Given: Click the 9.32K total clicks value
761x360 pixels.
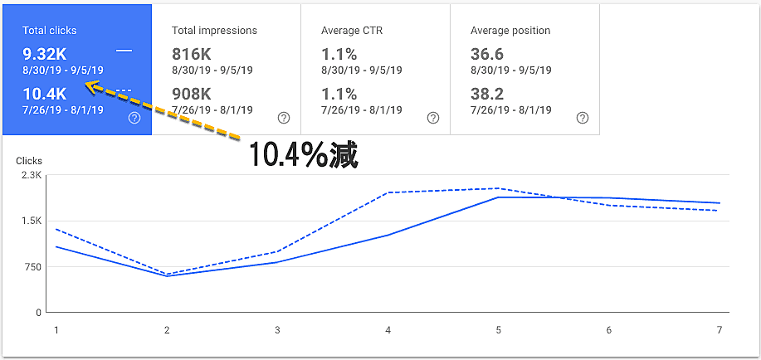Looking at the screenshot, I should pyautogui.click(x=44, y=54).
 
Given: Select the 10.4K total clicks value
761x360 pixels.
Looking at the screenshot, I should pyautogui.click(x=44, y=94).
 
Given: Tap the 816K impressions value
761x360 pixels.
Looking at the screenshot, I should pyautogui.click(x=193, y=54).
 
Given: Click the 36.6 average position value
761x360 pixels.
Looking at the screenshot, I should pyautogui.click(x=487, y=54).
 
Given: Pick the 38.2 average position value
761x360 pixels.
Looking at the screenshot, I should pyautogui.click(x=487, y=94).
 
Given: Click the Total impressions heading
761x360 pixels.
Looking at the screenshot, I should pyautogui.click(x=214, y=31).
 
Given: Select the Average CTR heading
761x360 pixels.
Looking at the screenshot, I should pyautogui.click(x=352, y=31).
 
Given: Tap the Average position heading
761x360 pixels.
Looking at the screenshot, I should pyautogui.click(x=510, y=31).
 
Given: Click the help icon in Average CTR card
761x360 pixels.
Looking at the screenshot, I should pyautogui.click(x=432, y=118).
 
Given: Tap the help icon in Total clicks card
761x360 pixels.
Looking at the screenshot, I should pyautogui.click(x=134, y=118).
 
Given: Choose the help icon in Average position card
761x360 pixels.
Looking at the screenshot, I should pyautogui.click(x=582, y=118).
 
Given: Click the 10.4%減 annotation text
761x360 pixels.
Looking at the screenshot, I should pyautogui.click(x=303, y=155).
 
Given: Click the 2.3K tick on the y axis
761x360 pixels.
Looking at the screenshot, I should pyautogui.click(x=32, y=175).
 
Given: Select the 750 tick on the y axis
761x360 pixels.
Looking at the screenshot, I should pyautogui.click(x=32, y=267).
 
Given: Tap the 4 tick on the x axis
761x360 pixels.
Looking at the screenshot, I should pyautogui.click(x=388, y=330).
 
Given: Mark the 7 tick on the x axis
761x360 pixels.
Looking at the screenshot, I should pyautogui.click(x=720, y=330).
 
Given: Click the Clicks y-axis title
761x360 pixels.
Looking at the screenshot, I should pyautogui.click(x=29, y=161).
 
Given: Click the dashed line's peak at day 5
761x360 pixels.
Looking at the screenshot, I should pyautogui.click(x=499, y=188).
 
